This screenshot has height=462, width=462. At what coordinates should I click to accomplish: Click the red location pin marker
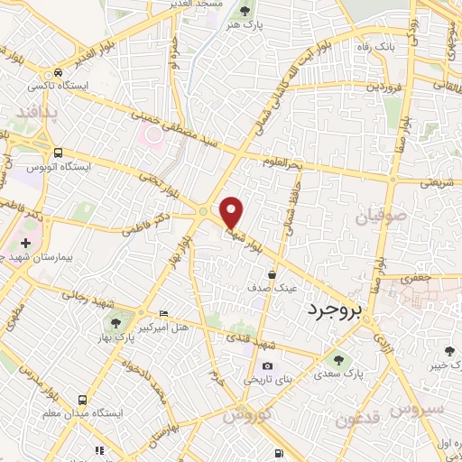tap(233, 212)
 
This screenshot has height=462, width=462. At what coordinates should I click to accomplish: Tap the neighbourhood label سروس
tap(418, 409)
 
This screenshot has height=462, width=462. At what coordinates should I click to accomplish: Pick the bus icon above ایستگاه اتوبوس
tap(59, 152)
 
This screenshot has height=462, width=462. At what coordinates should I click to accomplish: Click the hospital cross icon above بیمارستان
tap(25, 244)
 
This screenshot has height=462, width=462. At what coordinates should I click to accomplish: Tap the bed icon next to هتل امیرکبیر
tap(162, 313)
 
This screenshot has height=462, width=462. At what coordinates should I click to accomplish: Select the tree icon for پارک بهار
tap(115, 324)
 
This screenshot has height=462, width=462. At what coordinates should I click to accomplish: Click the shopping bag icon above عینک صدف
tap(272, 273)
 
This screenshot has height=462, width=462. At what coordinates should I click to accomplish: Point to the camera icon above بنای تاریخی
tap(267, 366)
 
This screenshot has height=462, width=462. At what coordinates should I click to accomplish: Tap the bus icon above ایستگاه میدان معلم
tap(83, 399)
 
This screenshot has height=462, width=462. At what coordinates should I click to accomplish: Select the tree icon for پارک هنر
tap(245, 12)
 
